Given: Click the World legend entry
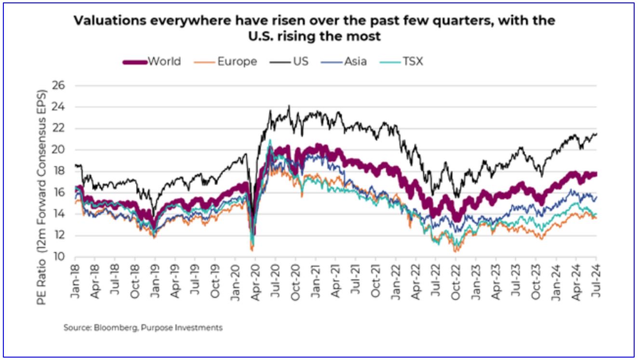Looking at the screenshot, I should (164, 62).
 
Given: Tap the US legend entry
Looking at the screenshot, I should (300, 62).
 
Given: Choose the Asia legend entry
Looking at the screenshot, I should (356, 62).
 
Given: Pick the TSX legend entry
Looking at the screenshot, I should (413, 62).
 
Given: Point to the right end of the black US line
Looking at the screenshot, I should (597, 133).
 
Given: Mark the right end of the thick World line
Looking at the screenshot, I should (596, 174).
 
